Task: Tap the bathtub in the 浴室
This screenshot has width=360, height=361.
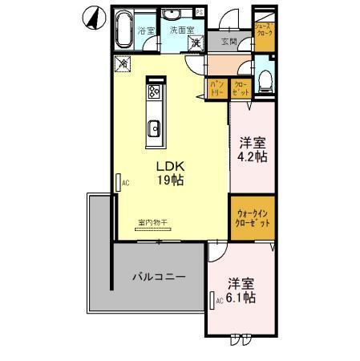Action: (x=123, y=31)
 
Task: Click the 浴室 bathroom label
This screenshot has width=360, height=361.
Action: (x=146, y=31)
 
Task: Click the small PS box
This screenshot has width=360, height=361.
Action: (x=199, y=11)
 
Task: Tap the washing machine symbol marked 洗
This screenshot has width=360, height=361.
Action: (x=195, y=43)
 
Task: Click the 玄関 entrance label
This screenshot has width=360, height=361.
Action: (x=229, y=42)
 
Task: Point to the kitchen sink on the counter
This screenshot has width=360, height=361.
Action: (x=155, y=128)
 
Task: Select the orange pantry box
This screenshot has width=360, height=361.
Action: (x=217, y=87)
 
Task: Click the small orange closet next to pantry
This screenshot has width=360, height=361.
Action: (x=240, y=87)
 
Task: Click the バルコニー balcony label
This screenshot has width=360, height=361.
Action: (x=159, y=277)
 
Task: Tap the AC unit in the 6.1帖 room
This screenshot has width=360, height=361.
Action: (x=213, y=301)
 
